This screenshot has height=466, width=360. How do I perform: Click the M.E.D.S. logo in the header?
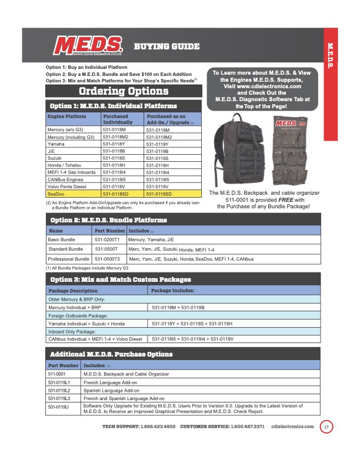click(88, 46)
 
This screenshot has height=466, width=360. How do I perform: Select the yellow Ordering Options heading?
click(124, 91)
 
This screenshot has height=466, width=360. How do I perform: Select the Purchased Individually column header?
click(119, 119)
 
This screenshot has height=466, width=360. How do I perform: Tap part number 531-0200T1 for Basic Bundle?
click(107, 239)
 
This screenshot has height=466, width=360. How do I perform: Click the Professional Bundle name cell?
click(68, 258)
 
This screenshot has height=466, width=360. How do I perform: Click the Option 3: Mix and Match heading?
click(121, 279)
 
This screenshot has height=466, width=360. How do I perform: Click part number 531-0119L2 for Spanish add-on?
click(59, 390)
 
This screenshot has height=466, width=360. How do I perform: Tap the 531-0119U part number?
click(58, 407)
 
